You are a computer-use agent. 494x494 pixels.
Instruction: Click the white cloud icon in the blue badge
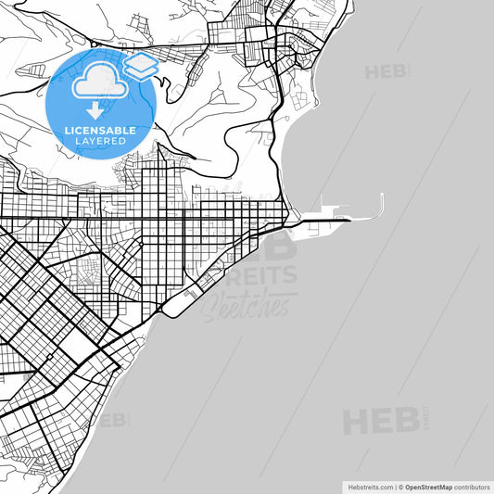coord(100,82)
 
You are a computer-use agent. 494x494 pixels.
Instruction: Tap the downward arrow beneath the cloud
coord(101,110)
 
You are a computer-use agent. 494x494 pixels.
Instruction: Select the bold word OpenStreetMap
coord(429,487)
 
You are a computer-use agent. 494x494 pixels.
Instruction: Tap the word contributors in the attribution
coord(472,487)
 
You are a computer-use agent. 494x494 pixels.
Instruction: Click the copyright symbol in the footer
coord(400,487)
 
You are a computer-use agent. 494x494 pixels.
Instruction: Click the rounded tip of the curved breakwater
coord(381,196)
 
